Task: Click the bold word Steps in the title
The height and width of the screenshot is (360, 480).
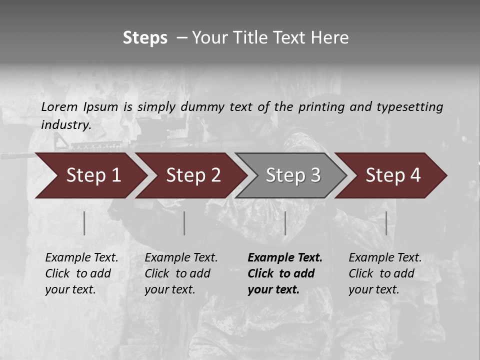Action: click(x=145, y=38)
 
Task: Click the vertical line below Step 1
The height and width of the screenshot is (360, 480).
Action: click(x=84, y=223)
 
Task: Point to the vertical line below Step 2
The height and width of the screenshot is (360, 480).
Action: click(x=184, y=223)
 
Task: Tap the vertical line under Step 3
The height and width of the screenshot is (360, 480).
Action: click(x=285, y=223)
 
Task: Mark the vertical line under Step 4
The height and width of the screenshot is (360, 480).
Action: click(x=386, y=223)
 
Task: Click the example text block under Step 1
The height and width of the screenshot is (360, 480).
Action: click(x=81, y=273)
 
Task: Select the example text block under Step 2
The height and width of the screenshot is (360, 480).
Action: click(x=181, y=273)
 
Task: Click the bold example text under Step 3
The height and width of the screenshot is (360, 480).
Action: click(x=285, y=273)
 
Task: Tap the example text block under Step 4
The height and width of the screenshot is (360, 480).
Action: click(x=385, y=273)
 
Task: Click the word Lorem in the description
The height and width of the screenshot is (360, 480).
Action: click(x=59, y=107)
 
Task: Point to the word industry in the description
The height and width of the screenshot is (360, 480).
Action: click(x=65, y=124)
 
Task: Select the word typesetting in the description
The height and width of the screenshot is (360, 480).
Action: click(x=409, y=107)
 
